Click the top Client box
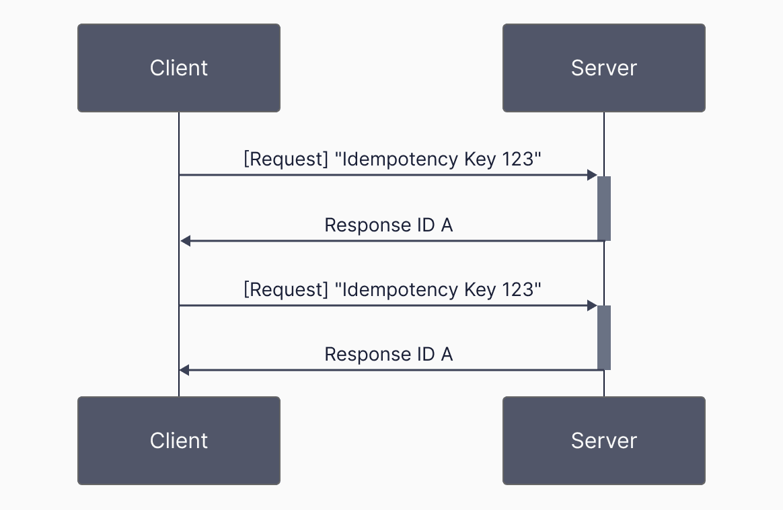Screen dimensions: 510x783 (178, 67)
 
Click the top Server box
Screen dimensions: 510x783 (603, 67)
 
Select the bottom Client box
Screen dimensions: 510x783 (178, 440)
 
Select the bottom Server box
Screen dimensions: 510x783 (603, 440)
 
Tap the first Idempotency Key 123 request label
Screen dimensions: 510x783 (392, 159)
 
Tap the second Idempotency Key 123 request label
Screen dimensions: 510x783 (392, 289)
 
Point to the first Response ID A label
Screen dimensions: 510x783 (388, 225)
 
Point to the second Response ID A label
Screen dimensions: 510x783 (388, 354)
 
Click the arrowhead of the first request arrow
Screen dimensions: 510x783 (592, 175)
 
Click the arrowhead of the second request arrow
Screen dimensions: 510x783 (592, 305)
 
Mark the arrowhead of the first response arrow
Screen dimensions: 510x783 (185, 241)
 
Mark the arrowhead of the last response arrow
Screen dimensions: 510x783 (185, 370)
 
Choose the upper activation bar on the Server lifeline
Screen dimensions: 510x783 (604, 209)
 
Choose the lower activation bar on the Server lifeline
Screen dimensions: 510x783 (604, 338)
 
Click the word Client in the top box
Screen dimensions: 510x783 (178, 67)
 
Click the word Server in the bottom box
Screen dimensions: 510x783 (603, 440)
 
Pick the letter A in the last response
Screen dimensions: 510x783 (446, 354)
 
